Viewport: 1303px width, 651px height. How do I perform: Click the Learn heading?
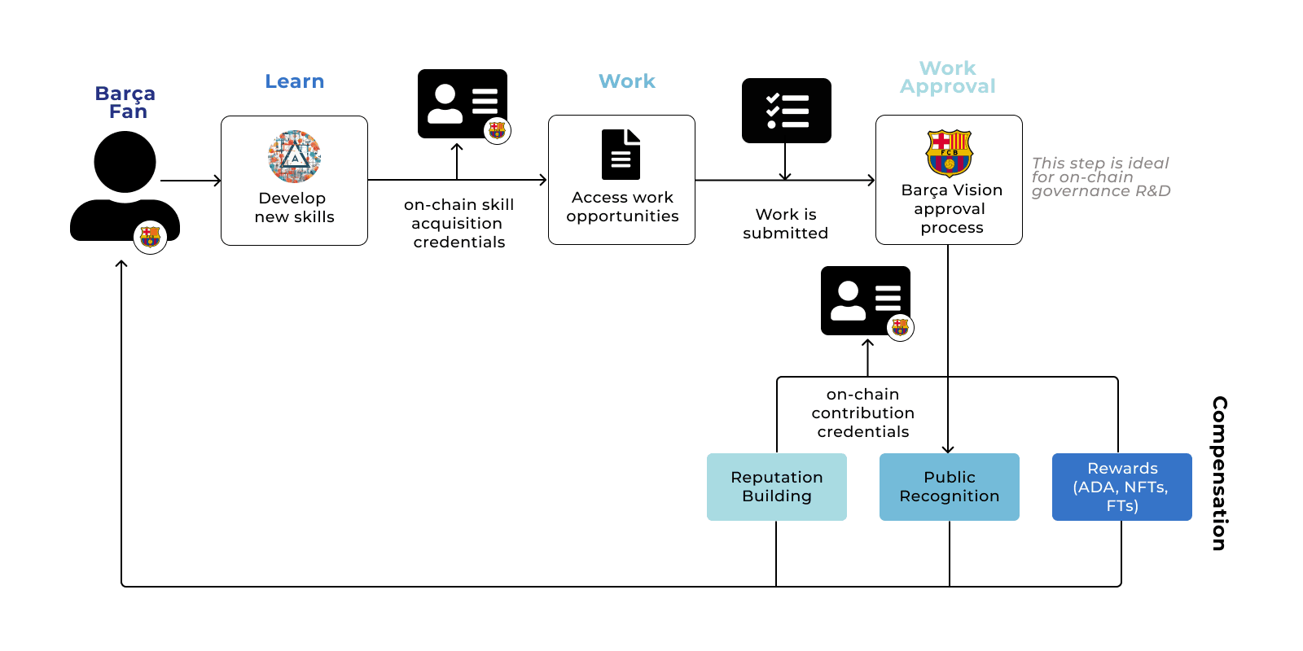pos(294,81)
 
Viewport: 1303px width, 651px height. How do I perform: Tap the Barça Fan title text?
pos(125,103)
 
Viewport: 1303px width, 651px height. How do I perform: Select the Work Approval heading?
pos(947,77)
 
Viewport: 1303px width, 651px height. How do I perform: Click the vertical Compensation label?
pos(1219,473)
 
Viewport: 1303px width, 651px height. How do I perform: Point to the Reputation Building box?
pos(776,487)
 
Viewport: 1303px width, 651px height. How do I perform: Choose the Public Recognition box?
pos(949,487)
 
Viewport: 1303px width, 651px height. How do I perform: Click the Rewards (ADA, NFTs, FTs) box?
pos(1121,487)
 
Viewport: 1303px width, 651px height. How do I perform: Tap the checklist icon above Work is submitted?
pos(786,111)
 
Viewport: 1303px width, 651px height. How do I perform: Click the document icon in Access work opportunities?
pos(621,155)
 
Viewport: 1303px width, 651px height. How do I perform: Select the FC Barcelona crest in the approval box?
pos(949,153)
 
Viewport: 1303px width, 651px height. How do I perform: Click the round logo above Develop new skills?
pos(294,156)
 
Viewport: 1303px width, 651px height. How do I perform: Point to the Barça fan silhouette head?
pos(125,162)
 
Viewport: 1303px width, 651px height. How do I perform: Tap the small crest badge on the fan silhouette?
pos(150,237)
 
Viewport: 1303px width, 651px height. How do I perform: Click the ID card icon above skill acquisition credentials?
pos(462,103)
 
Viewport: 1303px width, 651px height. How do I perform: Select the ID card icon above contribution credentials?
pos(865,300)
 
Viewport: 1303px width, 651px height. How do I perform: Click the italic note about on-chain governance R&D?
pos(1100,177)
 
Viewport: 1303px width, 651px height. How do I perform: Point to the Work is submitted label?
pos(785,224)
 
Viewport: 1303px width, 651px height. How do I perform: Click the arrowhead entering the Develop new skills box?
pos(217,181)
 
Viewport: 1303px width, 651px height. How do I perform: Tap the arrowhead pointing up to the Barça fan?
pos(121,264)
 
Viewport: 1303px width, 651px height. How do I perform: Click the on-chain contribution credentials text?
pos(862,413)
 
